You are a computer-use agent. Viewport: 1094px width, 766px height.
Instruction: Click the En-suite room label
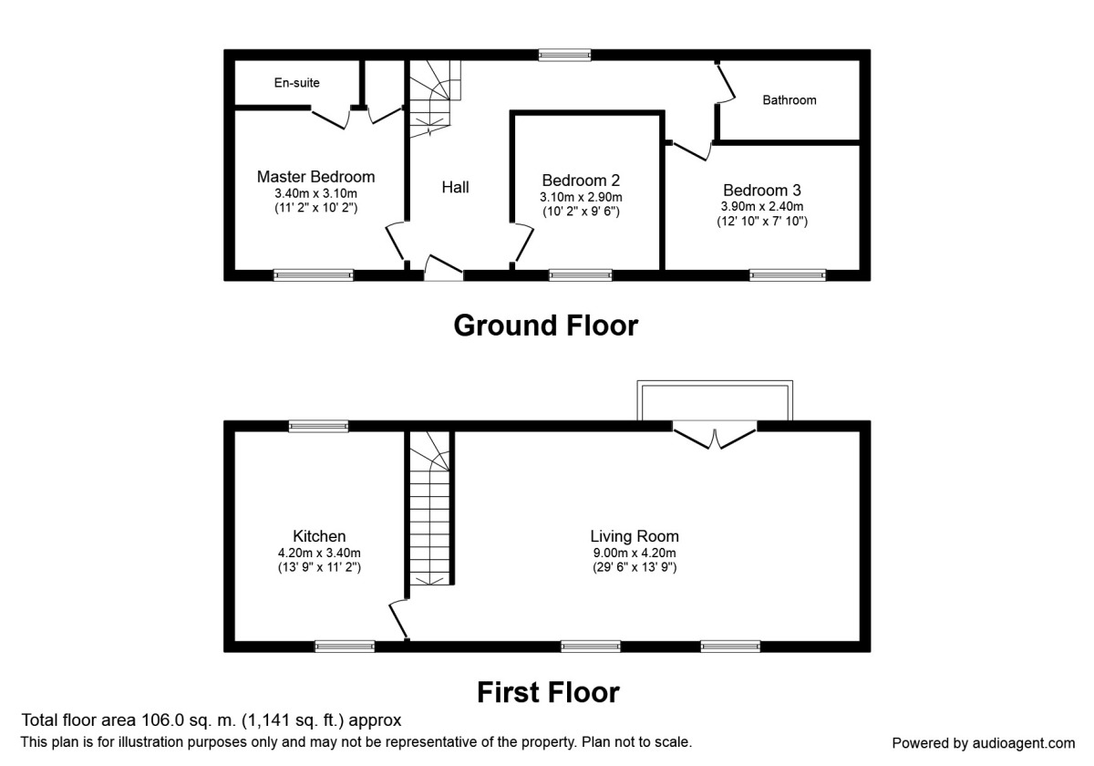(297, 83)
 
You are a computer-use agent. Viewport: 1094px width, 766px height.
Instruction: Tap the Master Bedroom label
(315, 177)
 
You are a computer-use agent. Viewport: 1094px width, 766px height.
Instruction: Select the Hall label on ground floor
(456, 187)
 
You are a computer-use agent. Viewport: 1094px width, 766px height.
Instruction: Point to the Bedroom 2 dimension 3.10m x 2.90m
(581, 197)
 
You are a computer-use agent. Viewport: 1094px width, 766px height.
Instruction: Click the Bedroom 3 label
(762, 191)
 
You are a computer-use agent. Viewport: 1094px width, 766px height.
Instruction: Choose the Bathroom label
(790, 100)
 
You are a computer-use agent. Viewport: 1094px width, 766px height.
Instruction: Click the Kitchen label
(319, 536)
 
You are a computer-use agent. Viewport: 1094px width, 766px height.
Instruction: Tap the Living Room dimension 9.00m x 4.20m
(635, 553)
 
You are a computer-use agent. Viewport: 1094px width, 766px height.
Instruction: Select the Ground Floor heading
(546, 326)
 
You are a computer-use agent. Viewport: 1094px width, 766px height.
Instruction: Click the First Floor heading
(548, 692)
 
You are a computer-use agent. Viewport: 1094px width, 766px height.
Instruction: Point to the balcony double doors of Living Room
(716, 435)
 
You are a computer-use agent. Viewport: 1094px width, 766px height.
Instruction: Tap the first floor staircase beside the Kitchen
(429, 511)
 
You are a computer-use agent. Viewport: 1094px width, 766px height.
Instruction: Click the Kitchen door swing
(399, 620)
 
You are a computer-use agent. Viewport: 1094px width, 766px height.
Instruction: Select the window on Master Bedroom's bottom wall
(314, 274)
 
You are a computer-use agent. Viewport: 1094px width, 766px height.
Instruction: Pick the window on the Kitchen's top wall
(319, 425)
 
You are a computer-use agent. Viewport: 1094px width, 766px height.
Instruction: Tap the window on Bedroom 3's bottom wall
(788, 274)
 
